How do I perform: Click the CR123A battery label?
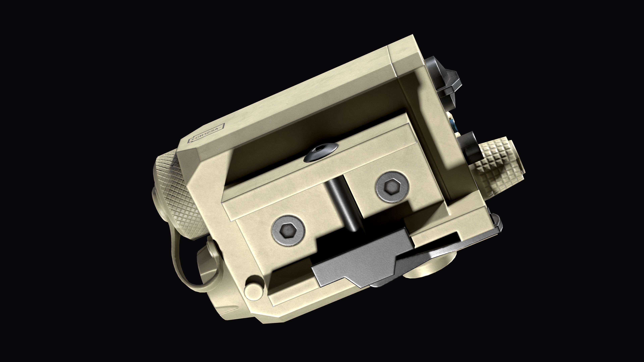pos(206,133)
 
